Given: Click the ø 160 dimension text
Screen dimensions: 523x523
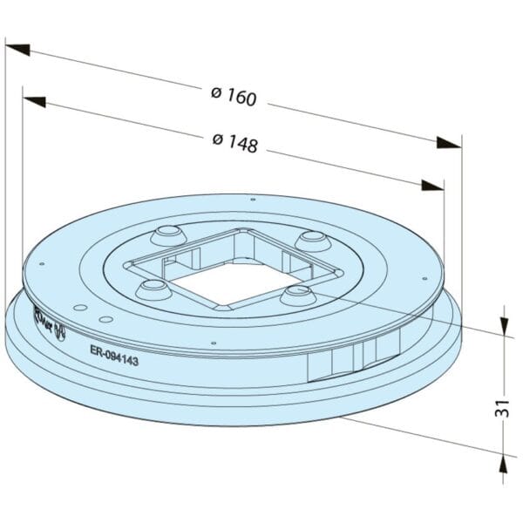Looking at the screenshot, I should [x=234, y=96].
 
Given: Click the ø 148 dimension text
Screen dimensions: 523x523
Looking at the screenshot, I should [x=234, y=143].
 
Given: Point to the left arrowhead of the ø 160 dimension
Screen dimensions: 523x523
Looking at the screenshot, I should [x=17, y=49].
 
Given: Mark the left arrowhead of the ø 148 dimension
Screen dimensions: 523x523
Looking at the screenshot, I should [x=35, y=102].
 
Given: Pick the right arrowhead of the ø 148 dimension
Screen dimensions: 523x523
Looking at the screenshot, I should [x=432, y=185].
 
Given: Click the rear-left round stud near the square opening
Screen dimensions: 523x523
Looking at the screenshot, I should [x=166, y=234].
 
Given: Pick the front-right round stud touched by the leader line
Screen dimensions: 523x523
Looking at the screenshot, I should [x=295, y=294].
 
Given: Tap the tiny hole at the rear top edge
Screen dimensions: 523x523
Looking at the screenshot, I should [x=252, y=200].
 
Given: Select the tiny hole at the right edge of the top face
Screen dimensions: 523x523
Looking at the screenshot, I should [x=425, y=279].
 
